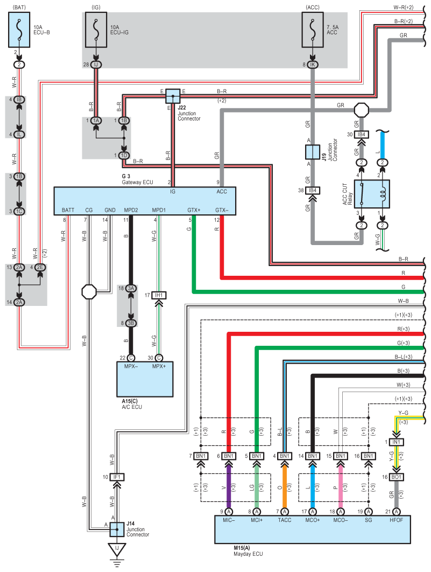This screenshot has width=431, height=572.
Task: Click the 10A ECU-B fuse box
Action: pos(19,30)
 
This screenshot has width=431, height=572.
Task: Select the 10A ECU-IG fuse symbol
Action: pos(96,30)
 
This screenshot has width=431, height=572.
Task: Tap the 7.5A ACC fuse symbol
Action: pos(313,30)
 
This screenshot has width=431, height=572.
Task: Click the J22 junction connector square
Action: pos(173,96)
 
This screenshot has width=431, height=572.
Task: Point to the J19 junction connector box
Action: pos(313,152)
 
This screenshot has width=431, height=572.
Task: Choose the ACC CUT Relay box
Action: pos(372,194)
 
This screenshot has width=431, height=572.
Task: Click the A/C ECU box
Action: pos(145,379)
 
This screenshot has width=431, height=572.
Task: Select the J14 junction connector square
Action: pos(117,529)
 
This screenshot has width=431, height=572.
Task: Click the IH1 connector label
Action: pos(159,295)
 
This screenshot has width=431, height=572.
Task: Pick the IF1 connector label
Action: pos(117,477)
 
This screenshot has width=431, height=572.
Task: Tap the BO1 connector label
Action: pos(396,477)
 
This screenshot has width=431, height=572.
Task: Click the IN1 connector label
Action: pos(396,442)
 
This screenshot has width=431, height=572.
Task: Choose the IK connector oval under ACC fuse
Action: pos(313,65)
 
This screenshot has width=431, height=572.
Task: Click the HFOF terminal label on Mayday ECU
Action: pos(396,520)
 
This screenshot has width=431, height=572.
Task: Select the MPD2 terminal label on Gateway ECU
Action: pos(131,210)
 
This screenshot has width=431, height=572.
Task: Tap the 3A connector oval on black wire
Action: pos(131,288)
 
